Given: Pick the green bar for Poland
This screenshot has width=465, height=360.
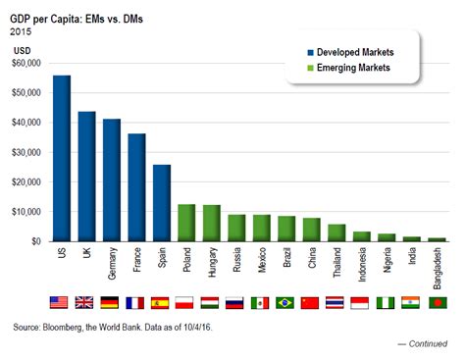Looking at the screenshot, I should point(186,223).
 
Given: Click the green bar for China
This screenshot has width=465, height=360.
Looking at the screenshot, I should point(311,230).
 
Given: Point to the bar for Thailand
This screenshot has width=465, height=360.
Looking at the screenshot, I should point(336,232).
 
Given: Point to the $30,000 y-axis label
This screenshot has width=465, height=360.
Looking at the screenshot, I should point(26,152).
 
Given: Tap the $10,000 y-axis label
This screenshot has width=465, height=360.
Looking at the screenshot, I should point(26,212).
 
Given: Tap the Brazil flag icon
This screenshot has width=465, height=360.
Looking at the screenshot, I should point(285,303).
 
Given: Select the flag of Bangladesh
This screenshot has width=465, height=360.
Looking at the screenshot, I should point(437,303).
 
